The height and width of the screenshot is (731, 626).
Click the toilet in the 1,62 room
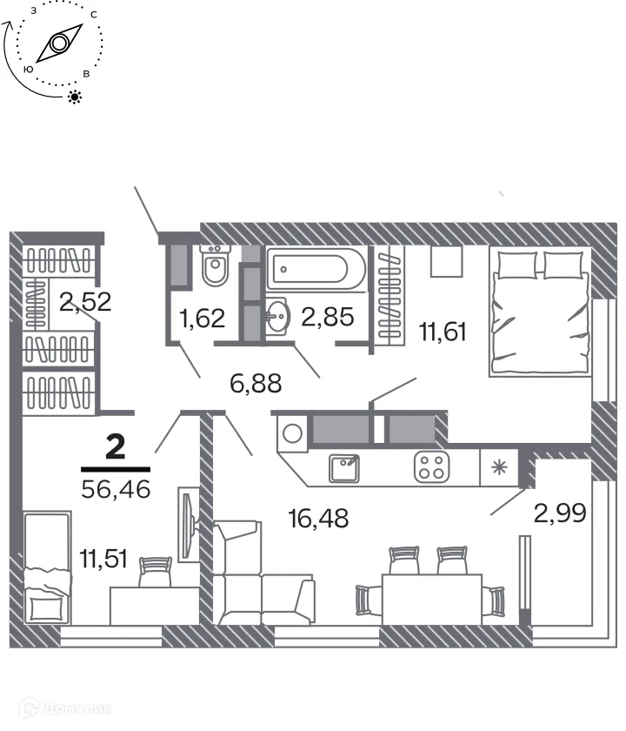(x=214, y=265)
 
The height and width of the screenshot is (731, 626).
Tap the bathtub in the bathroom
(x=317, y=269)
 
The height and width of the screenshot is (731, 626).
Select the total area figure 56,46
(x=116, y=488)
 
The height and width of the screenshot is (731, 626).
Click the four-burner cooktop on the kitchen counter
(x=430, y=466)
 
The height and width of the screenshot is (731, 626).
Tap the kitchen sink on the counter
(x=345, y=467)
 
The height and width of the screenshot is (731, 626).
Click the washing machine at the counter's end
(x=292, y=432)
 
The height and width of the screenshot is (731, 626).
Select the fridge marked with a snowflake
(x=498, y=466)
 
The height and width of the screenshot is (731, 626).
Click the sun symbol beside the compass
(x=76, y=97)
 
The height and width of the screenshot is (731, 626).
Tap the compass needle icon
(x=60, y=43)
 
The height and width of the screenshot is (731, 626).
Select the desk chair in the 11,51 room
(x=156, y=569)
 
